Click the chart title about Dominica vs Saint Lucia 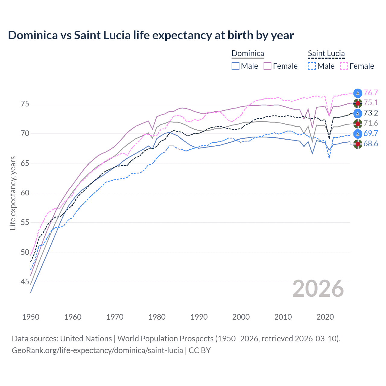tap(151, 35)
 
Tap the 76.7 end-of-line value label tap(371, 93)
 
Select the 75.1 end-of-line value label tap(371, 103)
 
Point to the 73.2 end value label tap(371, 113)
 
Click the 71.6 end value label tap(371, 123)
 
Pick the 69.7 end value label tap(371, 133)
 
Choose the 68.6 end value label tap(371, 144)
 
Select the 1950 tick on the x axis tap(31, 317)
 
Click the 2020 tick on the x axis tap(325, 317)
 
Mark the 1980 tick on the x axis tap(157, 317)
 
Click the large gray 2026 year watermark tap(318, 289)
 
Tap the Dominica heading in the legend tap(248, 54)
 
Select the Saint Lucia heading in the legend tap(326, 54)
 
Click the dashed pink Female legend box tap(344, 66)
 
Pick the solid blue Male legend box tap(236, 66)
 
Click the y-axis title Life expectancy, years tap(13, 193)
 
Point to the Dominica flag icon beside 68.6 tap(358, 144)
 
